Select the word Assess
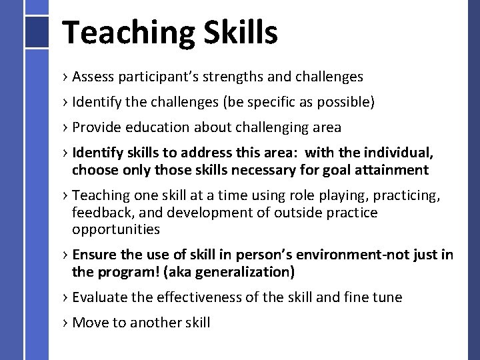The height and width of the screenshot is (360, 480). coord(93,77)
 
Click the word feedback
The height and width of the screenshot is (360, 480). coord(101,213)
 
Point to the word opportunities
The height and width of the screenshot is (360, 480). coord(116,229)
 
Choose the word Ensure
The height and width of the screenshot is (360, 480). coord(93,255)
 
